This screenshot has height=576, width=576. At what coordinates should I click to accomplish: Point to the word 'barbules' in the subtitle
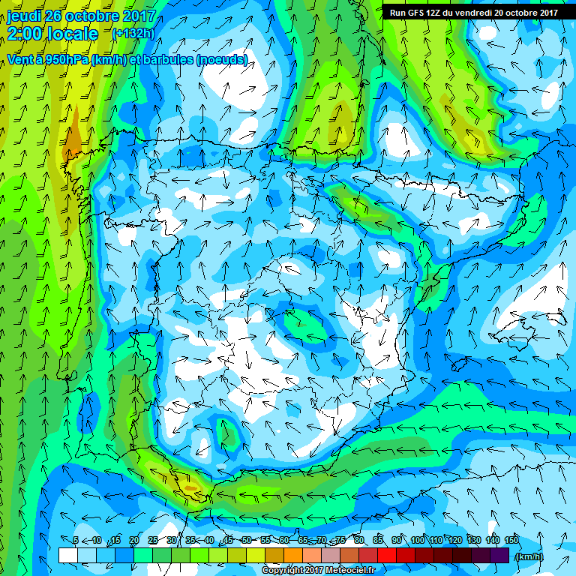click(x=169, y=60)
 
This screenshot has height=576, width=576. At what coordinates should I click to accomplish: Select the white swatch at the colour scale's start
click(x=67, y=556)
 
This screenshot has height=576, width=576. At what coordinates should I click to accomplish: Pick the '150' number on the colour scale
click(x=511, y=541)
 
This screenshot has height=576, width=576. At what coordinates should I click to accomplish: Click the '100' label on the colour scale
click(x=418, y=541)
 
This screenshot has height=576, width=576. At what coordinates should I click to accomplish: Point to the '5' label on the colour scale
click(x=76, y=541)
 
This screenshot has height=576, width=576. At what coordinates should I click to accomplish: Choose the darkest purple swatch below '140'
click(x=499, y=556)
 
